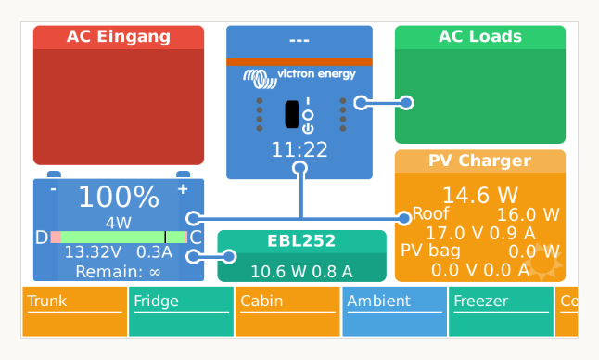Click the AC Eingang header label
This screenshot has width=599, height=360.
[x=118, y=37]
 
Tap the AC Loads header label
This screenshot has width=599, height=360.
[x=479, y=37]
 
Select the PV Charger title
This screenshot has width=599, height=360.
[x=479, y=161]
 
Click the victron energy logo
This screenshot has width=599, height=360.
[x=299, y=75]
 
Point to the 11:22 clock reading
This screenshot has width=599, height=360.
[x=299, y=149]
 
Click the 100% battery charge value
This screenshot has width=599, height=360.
[x=118, y=197]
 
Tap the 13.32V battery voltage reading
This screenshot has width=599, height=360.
[x=92, y=252]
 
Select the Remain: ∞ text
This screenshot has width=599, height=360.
[x=118, y=271]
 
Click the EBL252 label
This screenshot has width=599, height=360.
[x=300, y=241]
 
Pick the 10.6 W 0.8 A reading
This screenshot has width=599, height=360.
[x=300, y=271]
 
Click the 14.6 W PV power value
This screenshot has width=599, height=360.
[x=479, y=196]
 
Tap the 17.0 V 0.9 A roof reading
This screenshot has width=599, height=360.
[x=479, y=233]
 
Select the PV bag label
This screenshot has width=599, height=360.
[x=430, y=251]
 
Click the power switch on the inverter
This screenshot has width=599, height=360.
[x=292, y=114]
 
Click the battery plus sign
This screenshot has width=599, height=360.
[x=182, y=188]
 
